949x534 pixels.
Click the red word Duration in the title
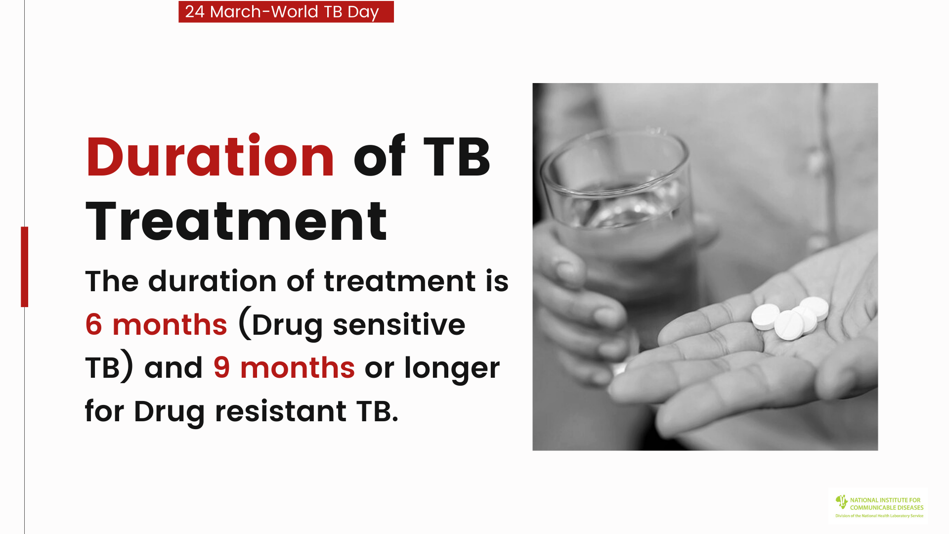(x=211, y=156)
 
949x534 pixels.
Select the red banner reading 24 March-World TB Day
(x=286, y=11)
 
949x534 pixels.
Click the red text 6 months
(x=156, y=324)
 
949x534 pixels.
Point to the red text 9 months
(x=284, y=367)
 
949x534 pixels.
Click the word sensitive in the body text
(x=399, y=324)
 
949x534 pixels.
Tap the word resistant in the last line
(x=281, y=411)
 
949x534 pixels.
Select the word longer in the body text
(x=452, y=369)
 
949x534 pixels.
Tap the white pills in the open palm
(x=790, y=318)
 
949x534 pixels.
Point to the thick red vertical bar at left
(x=25, y=267)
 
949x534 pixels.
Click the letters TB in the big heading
(x=457, y=157)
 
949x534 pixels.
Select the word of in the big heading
(x=379, y=156)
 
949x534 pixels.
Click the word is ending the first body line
(x=497, y=281)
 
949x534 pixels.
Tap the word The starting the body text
(x=112, y=281)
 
